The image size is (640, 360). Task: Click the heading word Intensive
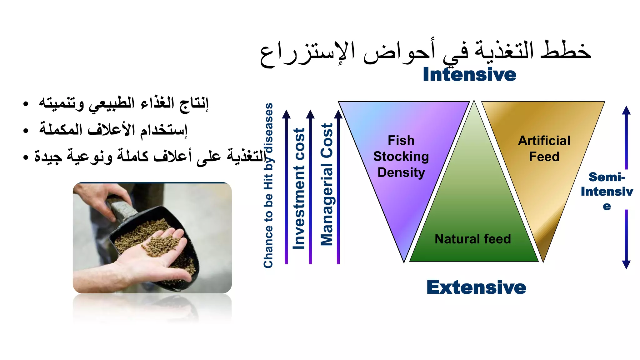point(469,75)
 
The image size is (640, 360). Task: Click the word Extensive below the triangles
point(476,287)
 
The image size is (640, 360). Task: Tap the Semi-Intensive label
point(607,191)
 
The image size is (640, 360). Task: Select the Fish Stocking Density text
point(401,157)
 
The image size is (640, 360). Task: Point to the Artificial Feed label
point(544,149)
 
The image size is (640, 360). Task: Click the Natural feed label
point(472,239)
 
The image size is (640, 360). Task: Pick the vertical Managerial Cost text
point(327,184)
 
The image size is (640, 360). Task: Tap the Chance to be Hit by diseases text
point(268,186)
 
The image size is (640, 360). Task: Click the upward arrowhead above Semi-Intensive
point(626,110)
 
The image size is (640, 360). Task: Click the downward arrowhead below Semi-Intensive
point(626,265)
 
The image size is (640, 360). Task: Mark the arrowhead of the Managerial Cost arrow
point(338,114)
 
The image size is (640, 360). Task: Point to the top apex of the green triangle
point(474,102)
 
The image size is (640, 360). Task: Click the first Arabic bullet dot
point(26,104)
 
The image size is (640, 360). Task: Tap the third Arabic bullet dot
point(26,157)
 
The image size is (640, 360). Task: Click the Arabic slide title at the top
point(426,52)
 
